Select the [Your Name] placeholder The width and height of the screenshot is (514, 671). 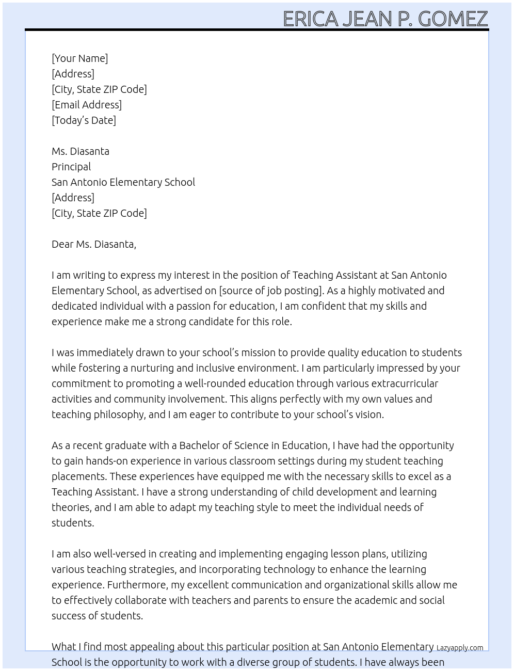79,58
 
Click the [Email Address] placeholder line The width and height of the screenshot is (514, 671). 87,105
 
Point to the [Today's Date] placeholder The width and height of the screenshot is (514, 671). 84,120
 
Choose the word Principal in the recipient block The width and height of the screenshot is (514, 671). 71,167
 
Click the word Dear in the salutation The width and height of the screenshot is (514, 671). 62,244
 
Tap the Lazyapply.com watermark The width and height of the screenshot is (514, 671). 460,648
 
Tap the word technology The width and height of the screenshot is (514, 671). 289,569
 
